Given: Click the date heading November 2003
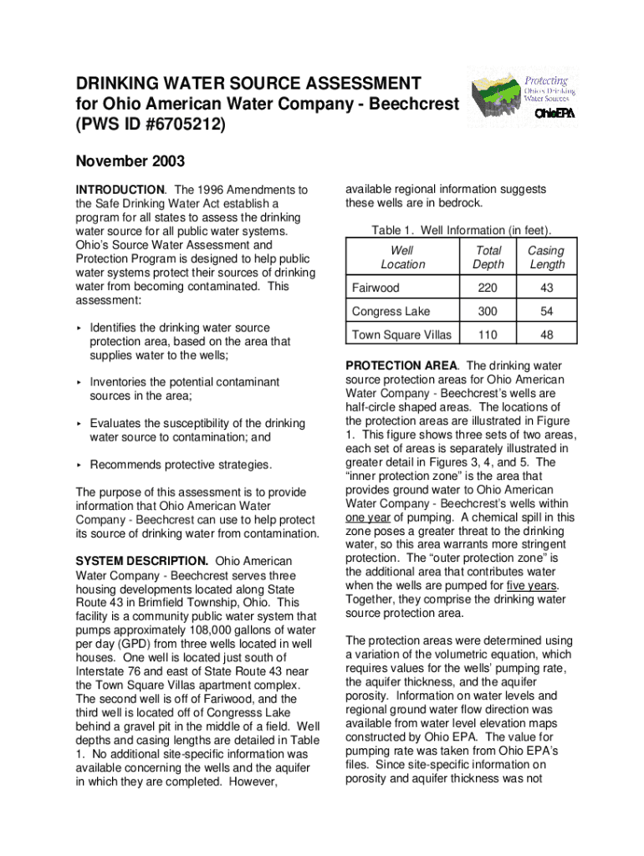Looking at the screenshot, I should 130,161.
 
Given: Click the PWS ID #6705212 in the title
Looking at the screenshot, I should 150,125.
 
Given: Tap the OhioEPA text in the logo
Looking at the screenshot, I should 554,114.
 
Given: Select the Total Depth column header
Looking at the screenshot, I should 488,257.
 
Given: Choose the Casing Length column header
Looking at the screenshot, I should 546,257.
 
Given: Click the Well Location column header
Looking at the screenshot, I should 402,257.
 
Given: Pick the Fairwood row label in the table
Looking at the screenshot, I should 376,288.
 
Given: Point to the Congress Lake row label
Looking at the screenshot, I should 391,312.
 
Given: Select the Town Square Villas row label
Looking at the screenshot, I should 401,335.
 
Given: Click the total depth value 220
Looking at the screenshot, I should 488,288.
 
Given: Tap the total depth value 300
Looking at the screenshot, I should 488,312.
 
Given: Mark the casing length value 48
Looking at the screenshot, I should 546,335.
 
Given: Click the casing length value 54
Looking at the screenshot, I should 546,312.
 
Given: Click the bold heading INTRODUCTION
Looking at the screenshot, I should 120,190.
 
